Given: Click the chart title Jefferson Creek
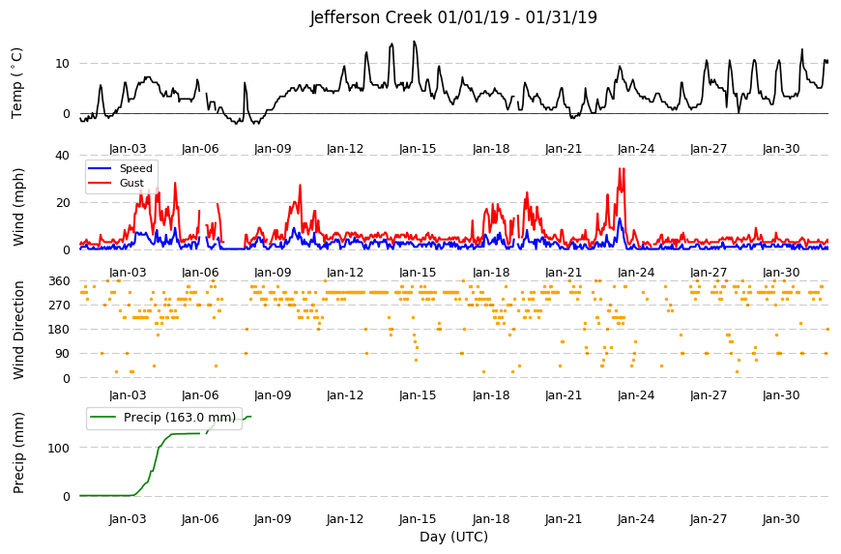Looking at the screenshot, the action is click(370, 17).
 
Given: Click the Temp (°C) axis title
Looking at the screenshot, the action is click(17, 82).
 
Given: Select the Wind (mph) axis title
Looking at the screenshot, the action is click(18, 207).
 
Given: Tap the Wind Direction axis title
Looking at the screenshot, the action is click(18, 330).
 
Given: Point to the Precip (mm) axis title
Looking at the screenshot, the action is click(18, 452).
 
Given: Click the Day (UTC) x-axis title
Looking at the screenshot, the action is click(453, 537).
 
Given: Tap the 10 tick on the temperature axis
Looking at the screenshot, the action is click(62, 63).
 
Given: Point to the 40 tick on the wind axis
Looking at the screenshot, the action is click(62, 156).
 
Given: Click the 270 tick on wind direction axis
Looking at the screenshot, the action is click(60, 306).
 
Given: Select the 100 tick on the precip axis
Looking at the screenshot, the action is click(59, 448).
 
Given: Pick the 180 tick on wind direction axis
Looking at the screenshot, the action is click(60, 330).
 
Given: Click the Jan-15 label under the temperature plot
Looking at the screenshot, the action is click(418, 149).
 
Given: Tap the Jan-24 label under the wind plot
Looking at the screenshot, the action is click(635, 273).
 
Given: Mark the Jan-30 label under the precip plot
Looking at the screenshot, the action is click(781, 519).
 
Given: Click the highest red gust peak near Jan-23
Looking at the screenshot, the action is click(621, 168).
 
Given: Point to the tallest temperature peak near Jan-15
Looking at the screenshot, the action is click(414, 42).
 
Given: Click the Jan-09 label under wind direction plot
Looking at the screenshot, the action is click(273, 395).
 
